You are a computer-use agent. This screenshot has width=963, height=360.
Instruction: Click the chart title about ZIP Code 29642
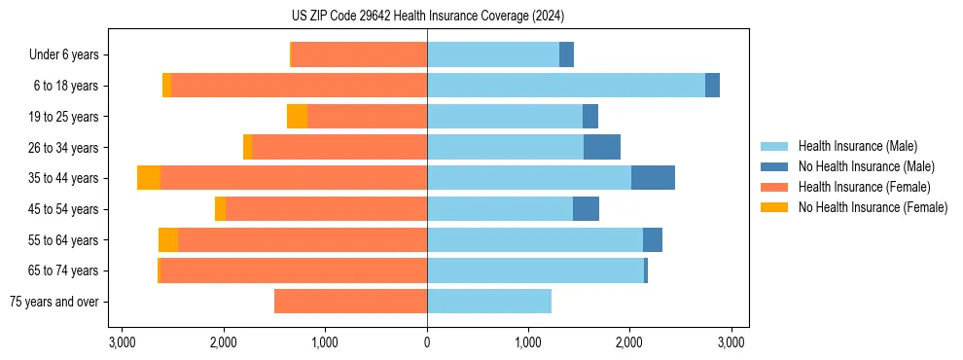[427, 16]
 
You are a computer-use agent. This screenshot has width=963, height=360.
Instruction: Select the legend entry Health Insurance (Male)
[857, 146]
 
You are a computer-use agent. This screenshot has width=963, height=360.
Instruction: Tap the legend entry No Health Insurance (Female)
[873, 207]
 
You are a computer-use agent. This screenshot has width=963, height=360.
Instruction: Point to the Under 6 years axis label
[63, 54]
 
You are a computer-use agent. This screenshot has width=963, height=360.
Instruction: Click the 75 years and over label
[53, 302]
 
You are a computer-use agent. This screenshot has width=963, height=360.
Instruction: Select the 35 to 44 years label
[64, 178]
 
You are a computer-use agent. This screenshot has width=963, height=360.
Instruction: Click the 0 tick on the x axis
[427, 342]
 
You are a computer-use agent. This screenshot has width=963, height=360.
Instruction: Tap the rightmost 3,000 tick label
[731, 342]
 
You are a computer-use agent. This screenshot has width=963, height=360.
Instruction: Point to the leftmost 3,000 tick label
[123, 342]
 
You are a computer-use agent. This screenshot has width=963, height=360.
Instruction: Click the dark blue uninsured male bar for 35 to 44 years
[653, 178]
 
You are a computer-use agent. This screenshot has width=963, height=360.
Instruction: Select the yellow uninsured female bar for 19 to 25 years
[297, 117]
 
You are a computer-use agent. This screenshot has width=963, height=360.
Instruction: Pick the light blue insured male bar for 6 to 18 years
[566, 86]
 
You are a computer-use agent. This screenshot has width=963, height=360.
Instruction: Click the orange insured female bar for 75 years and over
[350, 302]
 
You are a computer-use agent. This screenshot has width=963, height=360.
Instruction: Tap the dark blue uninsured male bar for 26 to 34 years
[602, 147]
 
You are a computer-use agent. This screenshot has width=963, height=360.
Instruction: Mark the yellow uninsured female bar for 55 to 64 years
[168, 239]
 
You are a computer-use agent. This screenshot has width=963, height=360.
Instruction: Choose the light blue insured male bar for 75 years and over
[489, 302]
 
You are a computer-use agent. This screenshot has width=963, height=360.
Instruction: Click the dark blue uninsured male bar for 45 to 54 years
[586, 209]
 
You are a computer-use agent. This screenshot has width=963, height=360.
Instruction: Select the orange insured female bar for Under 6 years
[359, 54]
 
